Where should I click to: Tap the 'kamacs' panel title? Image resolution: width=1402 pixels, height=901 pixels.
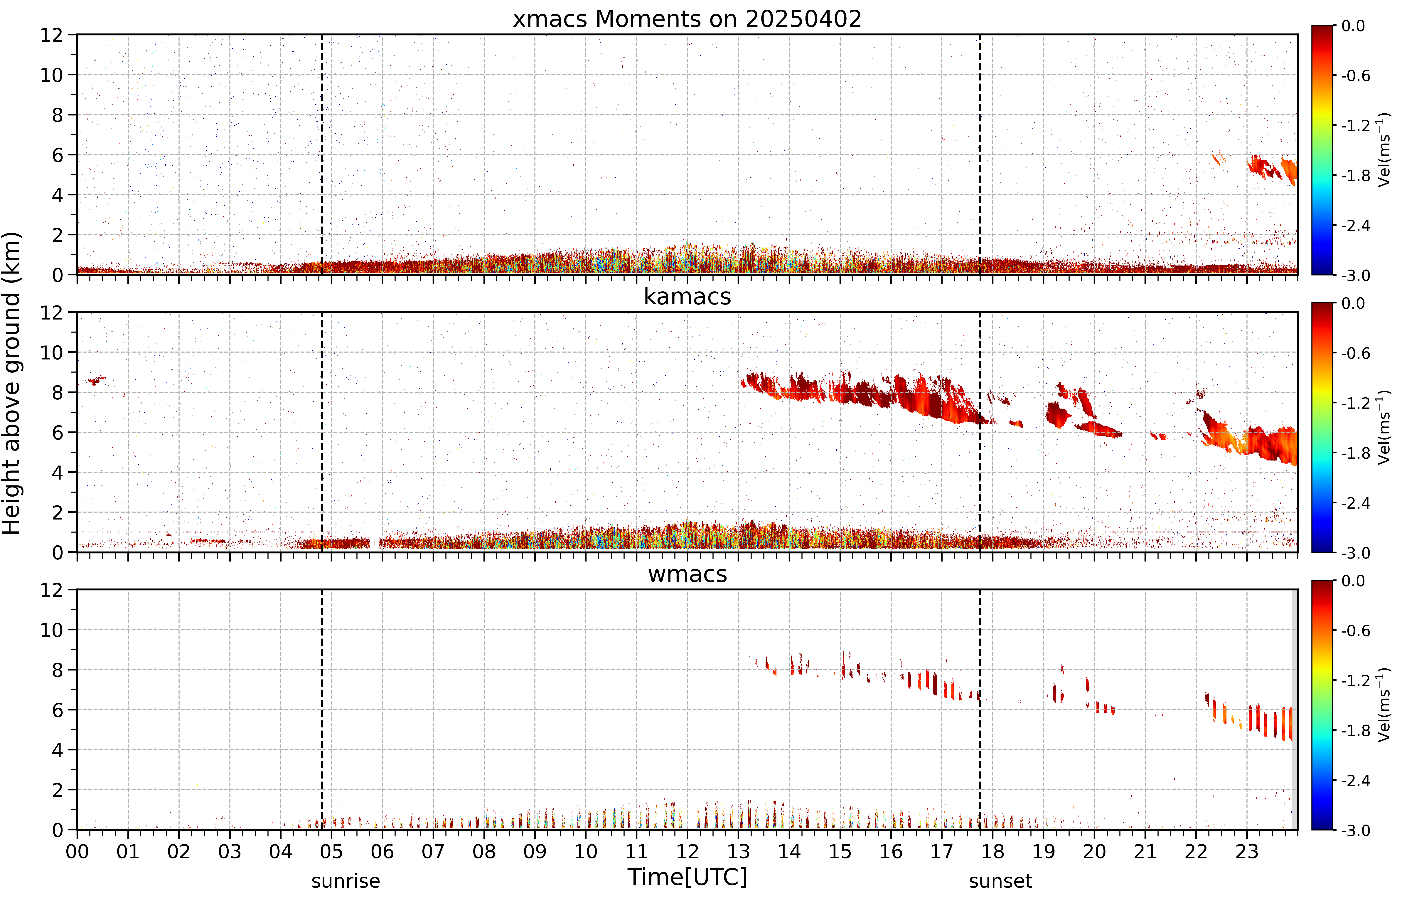tap(687, 297)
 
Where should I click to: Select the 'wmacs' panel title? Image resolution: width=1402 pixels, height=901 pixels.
tap(687, 574)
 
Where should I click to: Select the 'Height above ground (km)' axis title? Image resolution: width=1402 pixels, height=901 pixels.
tap(12, 383)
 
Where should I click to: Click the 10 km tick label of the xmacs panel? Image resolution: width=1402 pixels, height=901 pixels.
tap(51, 75)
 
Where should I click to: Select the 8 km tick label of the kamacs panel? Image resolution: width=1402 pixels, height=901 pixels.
tap(57, 393)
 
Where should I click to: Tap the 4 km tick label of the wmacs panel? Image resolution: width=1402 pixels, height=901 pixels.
tap(57, 750)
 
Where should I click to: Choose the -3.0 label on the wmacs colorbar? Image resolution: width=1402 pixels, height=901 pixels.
tap(1356, 830)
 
